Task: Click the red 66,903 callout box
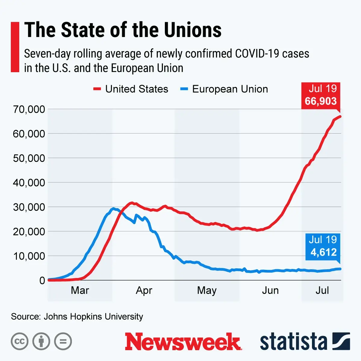(321, 95)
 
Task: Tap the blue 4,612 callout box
(323, 246)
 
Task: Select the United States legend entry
(131, 89)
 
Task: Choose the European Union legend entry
(224, 89)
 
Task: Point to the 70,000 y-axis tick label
(29, 109)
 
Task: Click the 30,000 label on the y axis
(29, 207)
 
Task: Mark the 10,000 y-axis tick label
(29, 256)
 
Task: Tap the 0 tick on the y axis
(42, 280)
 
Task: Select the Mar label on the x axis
(80, 290)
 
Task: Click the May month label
(207, 290)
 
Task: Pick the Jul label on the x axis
(322, 290)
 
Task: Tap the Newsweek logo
(183, 342)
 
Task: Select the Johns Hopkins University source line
(77, 316)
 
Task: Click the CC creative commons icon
(20, 341)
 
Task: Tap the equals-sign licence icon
(63, 341)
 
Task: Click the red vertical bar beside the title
(15, 47)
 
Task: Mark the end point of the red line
(340, 116)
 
